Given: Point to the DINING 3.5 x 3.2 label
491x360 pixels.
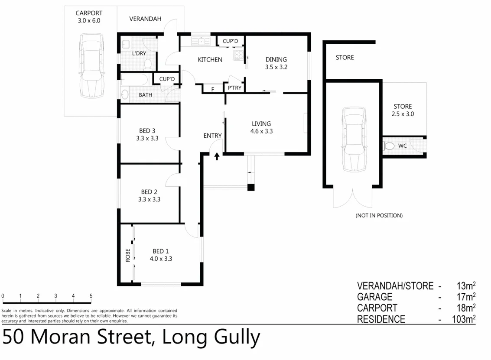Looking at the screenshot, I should coord(276,63).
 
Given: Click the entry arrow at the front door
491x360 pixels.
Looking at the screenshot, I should coord(217,156).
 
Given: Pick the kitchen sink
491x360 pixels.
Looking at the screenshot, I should coord(202,41).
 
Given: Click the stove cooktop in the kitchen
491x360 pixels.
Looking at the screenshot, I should coord(238,55).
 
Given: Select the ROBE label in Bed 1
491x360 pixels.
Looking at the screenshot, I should coord(128,257).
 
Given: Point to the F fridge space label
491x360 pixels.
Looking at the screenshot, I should coord(212,89).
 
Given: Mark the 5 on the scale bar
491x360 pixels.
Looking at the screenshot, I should coord(91,296).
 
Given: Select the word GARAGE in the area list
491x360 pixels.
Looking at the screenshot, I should coord(374,297).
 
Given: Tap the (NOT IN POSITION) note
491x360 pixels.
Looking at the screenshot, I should coord(379,215).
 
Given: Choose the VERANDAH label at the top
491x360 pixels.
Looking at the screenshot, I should coord(145,19).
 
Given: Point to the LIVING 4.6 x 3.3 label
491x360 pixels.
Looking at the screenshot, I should coord(261,127).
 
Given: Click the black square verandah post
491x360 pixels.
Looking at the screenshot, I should coord(250,188).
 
